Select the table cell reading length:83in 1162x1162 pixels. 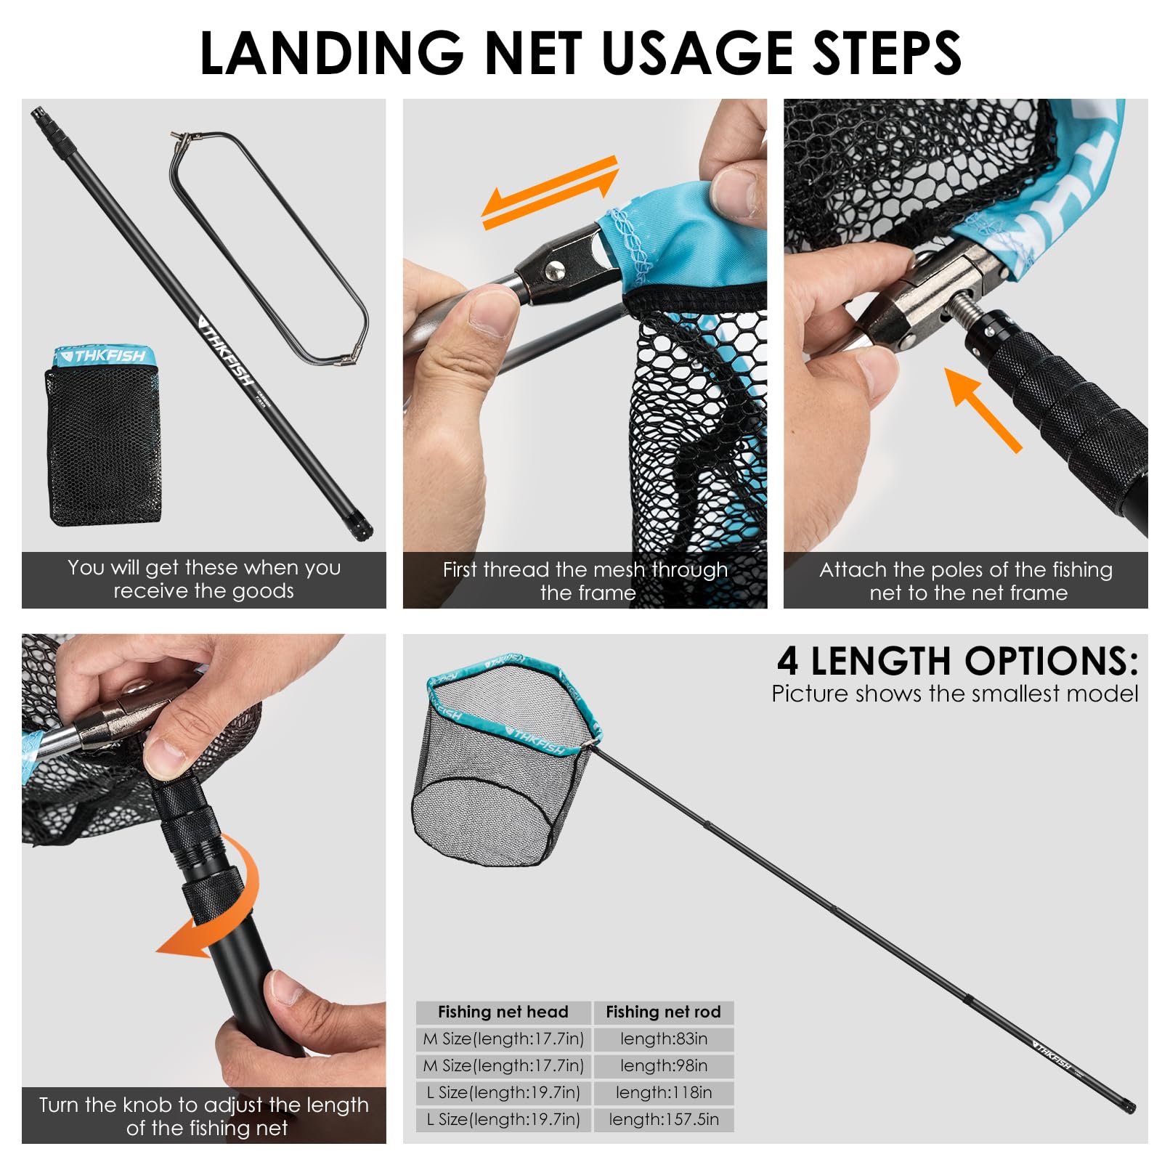click(x=664, y=1039)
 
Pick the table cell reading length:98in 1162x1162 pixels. click(x=664, y=1066)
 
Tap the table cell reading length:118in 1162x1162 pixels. click(x=664, y=1093)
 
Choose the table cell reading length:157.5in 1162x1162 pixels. click(x=664, y=1120)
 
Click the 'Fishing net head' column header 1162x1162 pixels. click(x=503, y=1012)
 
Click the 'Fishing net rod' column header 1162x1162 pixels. click(x=664, y=1012)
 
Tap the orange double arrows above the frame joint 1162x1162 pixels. click(x=550, y=192)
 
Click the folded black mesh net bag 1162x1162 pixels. click(x=103, y=436)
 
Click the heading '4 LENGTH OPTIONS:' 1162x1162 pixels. click(x=957, y=661)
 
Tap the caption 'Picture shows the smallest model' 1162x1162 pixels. click(x=955, y=694)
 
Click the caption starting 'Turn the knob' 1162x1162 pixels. click(x=204, y=1116)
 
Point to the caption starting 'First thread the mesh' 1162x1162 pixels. click(x=585, y=581)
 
